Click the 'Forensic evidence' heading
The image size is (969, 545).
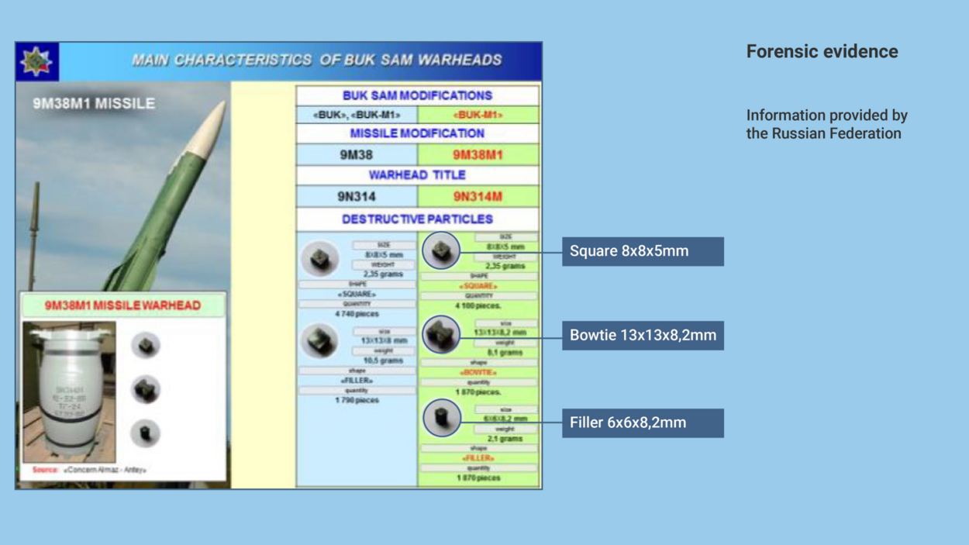[822, 52]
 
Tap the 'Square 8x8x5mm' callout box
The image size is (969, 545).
[643, 251]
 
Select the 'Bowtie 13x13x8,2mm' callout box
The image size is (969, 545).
[643, 336]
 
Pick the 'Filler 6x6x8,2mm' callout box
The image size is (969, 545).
[643, 423]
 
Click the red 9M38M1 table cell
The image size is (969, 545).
[478, 155]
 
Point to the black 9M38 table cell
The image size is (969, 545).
[357, 155]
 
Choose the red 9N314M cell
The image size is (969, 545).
[478, 197]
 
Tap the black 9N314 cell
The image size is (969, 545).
[357, 197]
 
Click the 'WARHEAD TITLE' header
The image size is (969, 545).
[417, 175]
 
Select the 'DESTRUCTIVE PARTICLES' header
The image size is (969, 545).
[417, 219]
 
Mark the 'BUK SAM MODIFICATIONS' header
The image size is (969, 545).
[417, 96]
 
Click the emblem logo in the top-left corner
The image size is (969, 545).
[36, 61]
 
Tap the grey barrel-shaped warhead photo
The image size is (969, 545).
[70, 392]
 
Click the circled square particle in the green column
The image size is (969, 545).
[441, 250]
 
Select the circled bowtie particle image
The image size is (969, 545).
[441, 335]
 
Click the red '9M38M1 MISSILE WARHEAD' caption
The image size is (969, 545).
[122, 305]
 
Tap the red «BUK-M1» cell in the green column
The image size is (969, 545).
[478, 116]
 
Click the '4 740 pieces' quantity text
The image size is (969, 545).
[357, 314]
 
